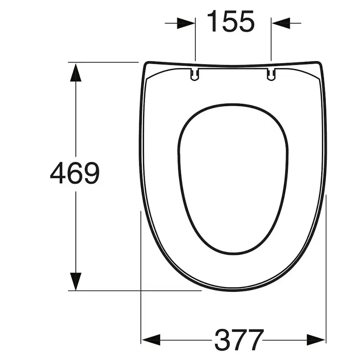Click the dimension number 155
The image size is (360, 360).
[x=231, y=21]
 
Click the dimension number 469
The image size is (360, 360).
[x=75, y=173]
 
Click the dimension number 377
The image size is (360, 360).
[x=239, y=340]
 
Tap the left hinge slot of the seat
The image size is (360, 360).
[x=195, y=75]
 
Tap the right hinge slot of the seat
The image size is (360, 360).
[x=271, y=75]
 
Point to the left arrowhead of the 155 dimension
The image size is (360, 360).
[x=186, y=23]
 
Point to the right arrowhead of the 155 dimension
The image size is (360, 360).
[x=280, y=23]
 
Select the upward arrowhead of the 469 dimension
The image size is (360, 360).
[x=76, y=72]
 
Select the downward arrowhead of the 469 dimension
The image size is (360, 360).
[x=76, y=281]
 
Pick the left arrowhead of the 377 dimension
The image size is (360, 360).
[x=151, y=340]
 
